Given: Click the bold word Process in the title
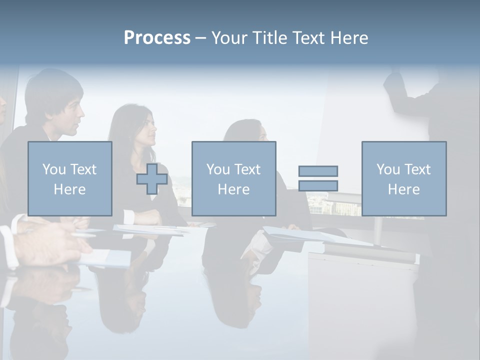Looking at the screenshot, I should pyautogui.click(x=157, y=38).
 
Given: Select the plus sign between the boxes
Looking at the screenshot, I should pyautogui.click(x=152, y=179).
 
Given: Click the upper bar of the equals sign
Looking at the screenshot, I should pyautogui.click(x=318, y=171).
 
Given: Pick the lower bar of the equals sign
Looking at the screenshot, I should pyautogui.click(x=318, y=185).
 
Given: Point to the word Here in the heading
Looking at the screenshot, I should pyautogui.click(x=348, y=38).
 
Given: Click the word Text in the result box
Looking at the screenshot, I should pyautogui.click(x=417, y=169).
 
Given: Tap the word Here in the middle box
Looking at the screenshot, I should pyautogui.click(x=233, y=189).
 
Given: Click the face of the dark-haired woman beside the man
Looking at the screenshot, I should pyautogui.click(x=147, y=132).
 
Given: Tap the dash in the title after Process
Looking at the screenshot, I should pyautogui.click(x=200, y=38).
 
